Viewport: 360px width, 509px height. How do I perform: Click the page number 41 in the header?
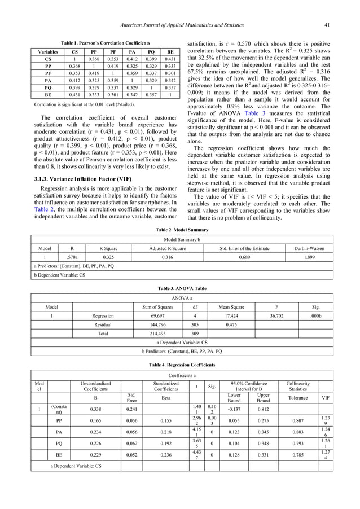pos(326,24)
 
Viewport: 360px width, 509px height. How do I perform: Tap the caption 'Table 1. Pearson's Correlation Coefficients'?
pos(105,43)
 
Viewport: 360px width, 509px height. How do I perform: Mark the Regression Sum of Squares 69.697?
pos(153,315)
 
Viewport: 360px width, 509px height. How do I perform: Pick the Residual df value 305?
pos(187,324)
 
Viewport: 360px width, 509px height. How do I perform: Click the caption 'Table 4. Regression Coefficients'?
pos(179,365)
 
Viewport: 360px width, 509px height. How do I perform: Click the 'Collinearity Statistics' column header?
pos(297,387)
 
